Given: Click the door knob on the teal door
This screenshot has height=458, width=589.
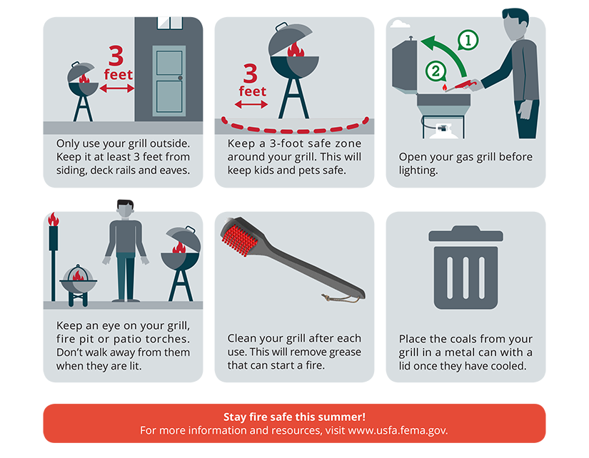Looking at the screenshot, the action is tap(181, 78).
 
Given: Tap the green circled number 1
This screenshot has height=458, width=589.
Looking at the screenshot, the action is tap(468, 40).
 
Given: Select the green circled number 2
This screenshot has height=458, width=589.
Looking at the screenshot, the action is tap(436, 71).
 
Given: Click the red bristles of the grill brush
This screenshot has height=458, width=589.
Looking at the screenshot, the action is tap(240, 240).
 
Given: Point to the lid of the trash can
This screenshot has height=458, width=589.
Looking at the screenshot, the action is tap(465, 234).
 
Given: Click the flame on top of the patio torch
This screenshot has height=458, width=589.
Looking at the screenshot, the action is tap(54, 219).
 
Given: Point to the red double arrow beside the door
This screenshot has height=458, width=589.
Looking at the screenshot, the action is tap(117, 88).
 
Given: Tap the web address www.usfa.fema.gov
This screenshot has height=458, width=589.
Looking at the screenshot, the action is tap(398, 430).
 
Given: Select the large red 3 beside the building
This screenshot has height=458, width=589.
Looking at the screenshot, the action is tap(116, 56).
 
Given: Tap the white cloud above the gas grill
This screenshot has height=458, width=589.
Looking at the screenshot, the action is tap(400, 24).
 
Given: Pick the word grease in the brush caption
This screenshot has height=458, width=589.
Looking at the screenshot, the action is tap(345, 352).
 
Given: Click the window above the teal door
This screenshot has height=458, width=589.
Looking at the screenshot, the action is tap(170, 23).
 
